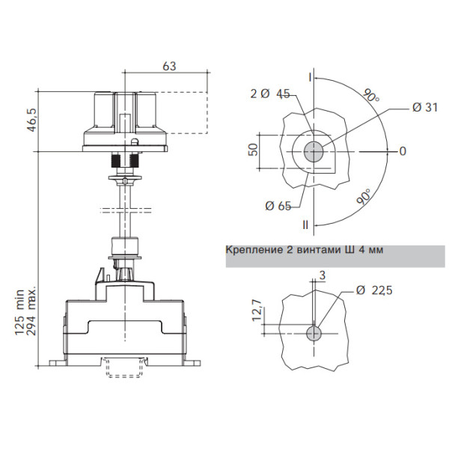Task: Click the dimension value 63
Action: (x=168, y=67)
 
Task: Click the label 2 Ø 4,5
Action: (x=270, y=94)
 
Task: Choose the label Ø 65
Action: (x=278, y=206)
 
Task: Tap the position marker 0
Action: (x=403, y=151)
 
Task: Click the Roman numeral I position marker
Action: (x=310, y=76)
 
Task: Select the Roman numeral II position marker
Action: (x=305, y=224)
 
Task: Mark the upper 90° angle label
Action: (x=370, y=97)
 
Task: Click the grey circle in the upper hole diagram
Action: (x=314, y=151)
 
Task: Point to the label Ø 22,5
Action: (x=374, y=291)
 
